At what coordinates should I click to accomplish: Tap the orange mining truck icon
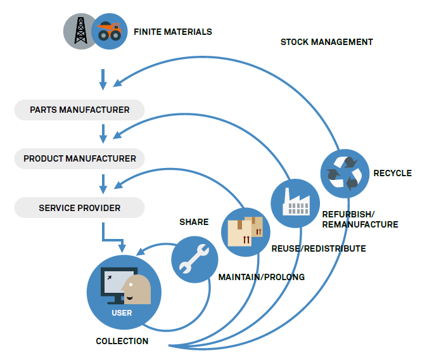[x=109, y=32]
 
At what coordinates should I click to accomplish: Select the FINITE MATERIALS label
[x=172, y=31]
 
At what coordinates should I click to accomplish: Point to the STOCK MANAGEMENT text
[x=326, y=42]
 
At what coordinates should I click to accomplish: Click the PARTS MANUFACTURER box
[x=79, y=110]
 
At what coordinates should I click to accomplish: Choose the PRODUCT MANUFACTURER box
[x=79, y=158]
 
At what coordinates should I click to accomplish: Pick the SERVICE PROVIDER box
[x=79, y=207]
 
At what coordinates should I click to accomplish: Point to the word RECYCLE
[x=392, y=173]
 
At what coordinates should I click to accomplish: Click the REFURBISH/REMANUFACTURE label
[x=359, y=219]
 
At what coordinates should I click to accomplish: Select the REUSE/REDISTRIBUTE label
[x=318, y=248]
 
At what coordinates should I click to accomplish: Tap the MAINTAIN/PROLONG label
[x=261, y=277]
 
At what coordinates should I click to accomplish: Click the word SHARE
[x=194, y=222]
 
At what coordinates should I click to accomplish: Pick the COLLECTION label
[x=122, y=341]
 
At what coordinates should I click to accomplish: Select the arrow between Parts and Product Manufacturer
[x=103, y=134]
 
